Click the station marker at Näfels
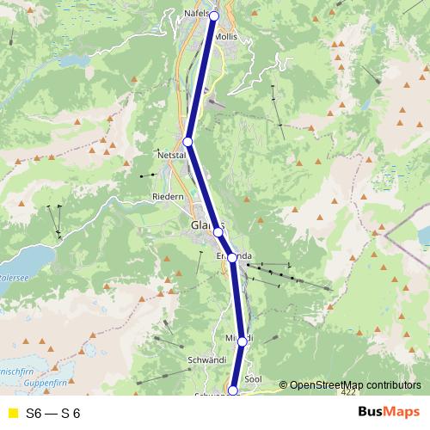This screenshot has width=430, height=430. pyautogui.click(x=214, y=15)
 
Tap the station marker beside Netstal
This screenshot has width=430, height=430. pyautogui.click(x=188, y=142)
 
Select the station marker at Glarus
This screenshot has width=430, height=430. pyautogui.click(x=218, y=232)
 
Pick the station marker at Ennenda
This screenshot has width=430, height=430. pyautogui.click(x=232, y=257)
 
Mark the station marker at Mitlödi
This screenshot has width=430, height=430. pyautogui.click(x=243, y=341)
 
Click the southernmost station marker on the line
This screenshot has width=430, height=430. pyautogui.click(x=233, y=390)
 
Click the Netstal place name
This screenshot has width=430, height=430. pyautogui.click(x=172, y=155)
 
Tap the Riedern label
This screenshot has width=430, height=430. pyautogui.click(x=168, y=197)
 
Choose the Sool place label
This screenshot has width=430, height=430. pyautogui.click(x=253, y=378)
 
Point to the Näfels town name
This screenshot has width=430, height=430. pyautogui.click(x=196, y=15)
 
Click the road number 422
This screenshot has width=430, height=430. pyautogui.click(x=347, y=392)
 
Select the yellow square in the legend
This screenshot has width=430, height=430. pyautogui.click(x=12, y=413)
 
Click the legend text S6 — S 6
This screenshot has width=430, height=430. pyautogui.click(x=53, y=413)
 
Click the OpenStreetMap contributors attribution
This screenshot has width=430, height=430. pyautogui.click(x=353, y=384)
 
